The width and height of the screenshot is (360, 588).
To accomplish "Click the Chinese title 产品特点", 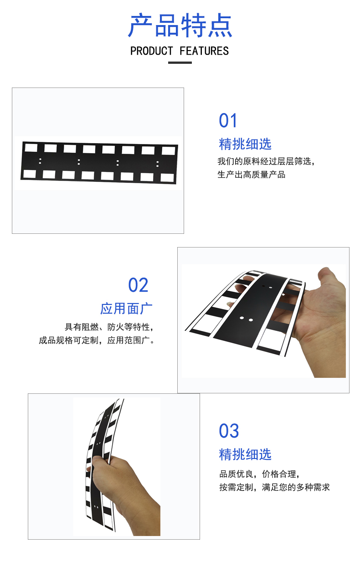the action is pyautogui.click(x=180, y=25).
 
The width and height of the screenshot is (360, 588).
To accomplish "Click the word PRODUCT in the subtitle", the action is pyautogui.click(x=152, y=51).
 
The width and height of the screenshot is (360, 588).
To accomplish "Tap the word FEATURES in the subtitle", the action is pyautogui.click(x=204, y=51).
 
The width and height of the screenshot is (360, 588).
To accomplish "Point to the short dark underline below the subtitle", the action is pyautogui.click(x=180, y=63).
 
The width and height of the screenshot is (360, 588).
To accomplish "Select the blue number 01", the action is pyautogui.click(x=228, y=121).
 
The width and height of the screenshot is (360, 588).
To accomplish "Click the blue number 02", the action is pyautogui.click(x=138, y=285).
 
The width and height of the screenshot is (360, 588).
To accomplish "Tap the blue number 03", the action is pyautogui.click(x=229, y=431).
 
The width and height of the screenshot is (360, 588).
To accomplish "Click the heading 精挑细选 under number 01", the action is pyautogui.click(x=245, y=144).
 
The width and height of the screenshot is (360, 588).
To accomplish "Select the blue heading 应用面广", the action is pyautogui.click(x=126, y=309).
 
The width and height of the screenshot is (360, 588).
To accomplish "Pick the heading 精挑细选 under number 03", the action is pyautogui.click(x=245, y=454).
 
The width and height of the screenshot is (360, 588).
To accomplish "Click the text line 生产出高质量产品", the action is pyautogui.click(x=252, y=175).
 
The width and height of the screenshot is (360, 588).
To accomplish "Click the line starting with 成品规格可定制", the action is pyautogui.click(x=97, y=340).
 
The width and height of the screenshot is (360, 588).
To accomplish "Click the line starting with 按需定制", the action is pyautogui.click(x=274, y=487).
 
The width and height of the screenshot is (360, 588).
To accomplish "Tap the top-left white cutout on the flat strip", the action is pyautogui.click(x=31, y=147).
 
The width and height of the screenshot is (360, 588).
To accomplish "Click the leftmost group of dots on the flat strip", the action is pyautogui.click(x=40, y=161).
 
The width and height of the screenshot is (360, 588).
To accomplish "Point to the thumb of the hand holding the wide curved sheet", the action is pyautogui.click(x=328, y=281).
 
